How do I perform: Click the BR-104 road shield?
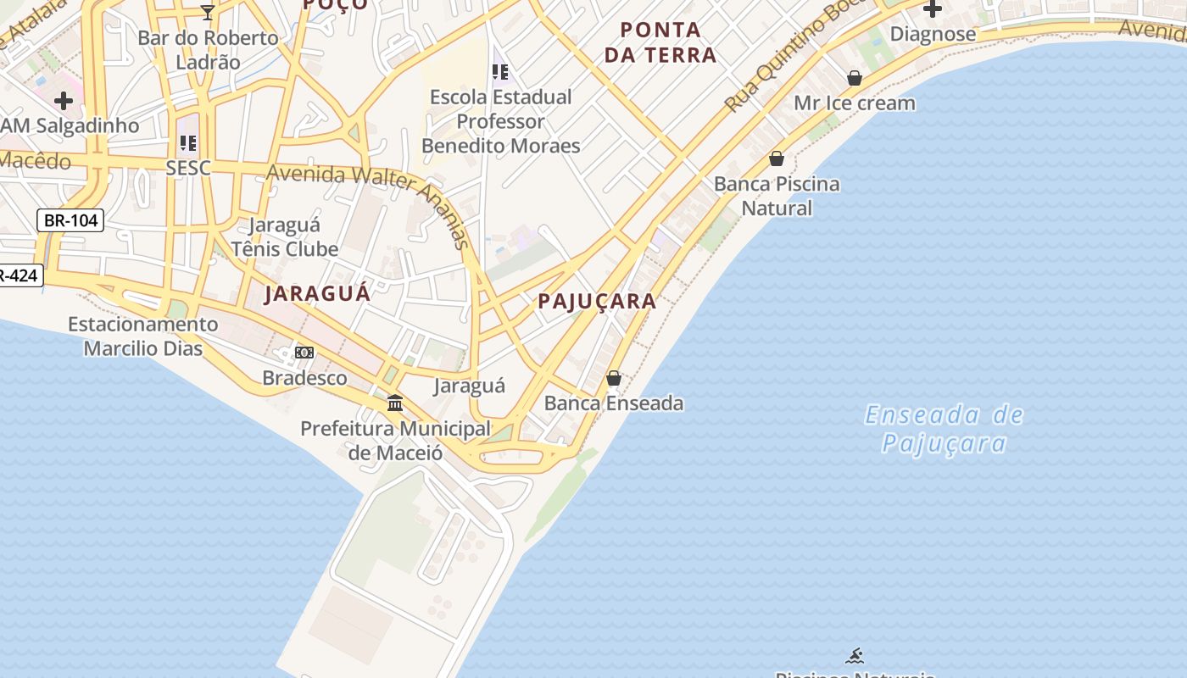point(70,220)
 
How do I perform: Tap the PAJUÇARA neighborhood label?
point(597,301)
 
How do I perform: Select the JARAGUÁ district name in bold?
point(317,294)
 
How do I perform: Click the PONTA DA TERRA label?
point(667,42)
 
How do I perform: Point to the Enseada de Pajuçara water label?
point(944,429)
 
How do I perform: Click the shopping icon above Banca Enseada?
point(614,378)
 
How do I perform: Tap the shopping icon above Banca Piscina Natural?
point(776,158)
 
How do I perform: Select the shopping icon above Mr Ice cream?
point(855,78)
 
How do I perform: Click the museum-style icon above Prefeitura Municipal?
point(395,403)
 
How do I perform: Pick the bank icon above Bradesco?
point(304,353)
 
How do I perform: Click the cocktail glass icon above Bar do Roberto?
point(208,12)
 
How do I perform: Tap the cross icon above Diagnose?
point(933,9)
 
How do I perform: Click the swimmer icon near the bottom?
point(855,655)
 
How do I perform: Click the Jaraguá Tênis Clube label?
point(285,237)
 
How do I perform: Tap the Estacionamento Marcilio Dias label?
point(142,336)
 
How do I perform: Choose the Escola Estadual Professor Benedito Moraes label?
point(501,121)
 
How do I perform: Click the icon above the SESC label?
point(188,142)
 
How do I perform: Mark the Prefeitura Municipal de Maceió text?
point(395,441)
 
